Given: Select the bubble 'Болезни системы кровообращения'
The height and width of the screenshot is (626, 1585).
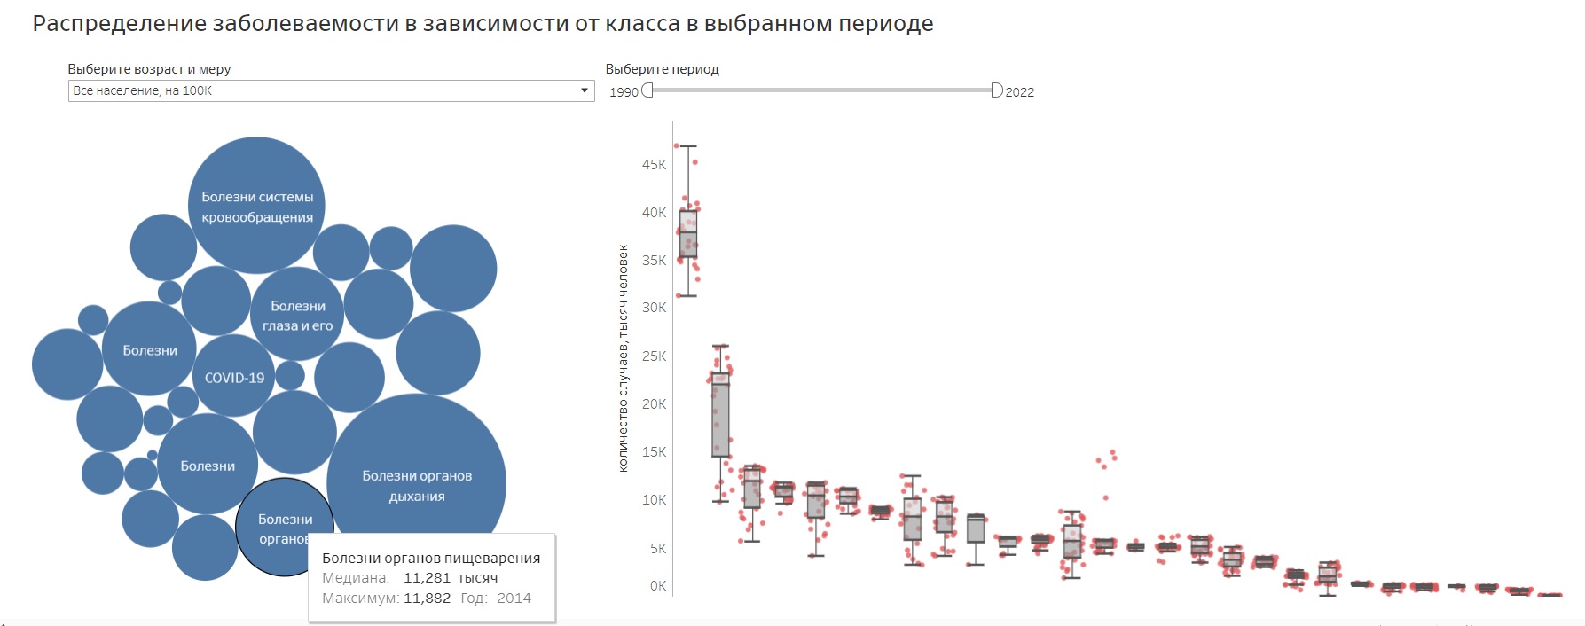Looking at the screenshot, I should (x=256, y=206).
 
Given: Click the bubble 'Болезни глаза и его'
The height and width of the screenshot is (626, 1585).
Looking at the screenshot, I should (x=298, y=315).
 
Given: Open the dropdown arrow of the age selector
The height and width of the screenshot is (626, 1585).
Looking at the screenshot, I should (x=584, y=90).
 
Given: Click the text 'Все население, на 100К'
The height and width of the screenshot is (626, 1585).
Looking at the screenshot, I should (x=143, y=90).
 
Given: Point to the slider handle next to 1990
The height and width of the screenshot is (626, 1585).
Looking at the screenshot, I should (x=647, y=90).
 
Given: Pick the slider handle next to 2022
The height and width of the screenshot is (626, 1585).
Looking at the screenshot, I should (x=996, y=90).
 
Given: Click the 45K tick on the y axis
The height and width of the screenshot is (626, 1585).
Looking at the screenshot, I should (x=654, y=165).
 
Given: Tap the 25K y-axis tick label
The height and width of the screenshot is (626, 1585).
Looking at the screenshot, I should (x=654, y=356).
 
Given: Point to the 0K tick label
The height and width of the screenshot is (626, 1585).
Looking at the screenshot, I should (x=657, y=586).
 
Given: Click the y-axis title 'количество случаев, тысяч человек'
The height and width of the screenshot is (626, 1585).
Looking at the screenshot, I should (x=623, y=358).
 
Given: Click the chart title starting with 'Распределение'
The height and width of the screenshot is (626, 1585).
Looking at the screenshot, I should (x=483, y=24).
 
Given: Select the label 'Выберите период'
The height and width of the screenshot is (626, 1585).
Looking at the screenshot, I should (x=662, y=69).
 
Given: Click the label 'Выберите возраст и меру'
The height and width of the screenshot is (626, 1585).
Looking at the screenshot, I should (x=149, y=69).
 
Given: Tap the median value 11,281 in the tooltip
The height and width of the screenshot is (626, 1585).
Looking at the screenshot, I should (x=428, y=578).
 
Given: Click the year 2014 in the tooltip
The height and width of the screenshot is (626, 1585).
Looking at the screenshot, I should (x=514, y=599).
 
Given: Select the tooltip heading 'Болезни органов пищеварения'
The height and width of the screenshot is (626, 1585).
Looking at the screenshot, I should (x=431, y=559).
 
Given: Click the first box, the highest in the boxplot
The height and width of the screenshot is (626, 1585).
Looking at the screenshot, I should (x=688, y=234).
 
